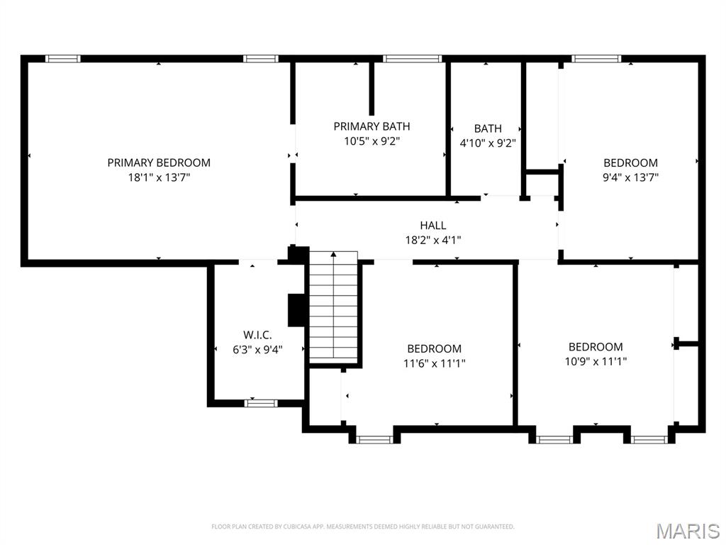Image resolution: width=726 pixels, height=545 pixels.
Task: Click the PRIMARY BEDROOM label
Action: coord(159,163)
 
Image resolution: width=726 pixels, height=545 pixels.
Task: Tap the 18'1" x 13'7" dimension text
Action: coord(159,177)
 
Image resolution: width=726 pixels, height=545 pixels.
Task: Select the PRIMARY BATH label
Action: coord(372,126)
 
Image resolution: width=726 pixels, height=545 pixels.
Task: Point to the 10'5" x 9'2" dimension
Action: coord(372,141)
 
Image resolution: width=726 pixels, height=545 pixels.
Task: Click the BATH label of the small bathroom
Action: coord(488,128)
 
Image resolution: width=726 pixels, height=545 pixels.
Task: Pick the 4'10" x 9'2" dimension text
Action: coord(488,143)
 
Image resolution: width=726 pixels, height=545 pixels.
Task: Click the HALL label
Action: coord(432,225)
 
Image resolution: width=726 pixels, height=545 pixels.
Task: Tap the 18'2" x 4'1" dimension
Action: coord(432,240)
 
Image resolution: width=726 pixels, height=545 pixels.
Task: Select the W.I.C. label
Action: coord(257,334)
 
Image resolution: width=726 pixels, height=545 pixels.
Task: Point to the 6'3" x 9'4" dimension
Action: coord(257,349)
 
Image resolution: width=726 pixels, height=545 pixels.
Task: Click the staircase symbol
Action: coord(333,307)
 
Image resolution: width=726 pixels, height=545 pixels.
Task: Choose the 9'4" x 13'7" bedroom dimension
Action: coord(630,177)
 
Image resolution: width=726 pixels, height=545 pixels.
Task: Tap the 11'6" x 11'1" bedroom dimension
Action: coord(434,363)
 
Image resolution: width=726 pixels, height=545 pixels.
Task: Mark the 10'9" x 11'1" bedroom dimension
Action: coord(596,361)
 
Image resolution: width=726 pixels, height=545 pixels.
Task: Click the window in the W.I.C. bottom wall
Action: coord(261,403)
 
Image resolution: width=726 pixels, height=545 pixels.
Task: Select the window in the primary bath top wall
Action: coord(413,59)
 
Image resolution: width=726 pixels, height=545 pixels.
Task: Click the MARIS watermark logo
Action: coord(687,530)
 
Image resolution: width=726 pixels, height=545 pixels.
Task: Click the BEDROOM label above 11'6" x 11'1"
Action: coord(434,348)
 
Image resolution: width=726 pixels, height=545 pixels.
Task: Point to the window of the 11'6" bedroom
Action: coord(374,439)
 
